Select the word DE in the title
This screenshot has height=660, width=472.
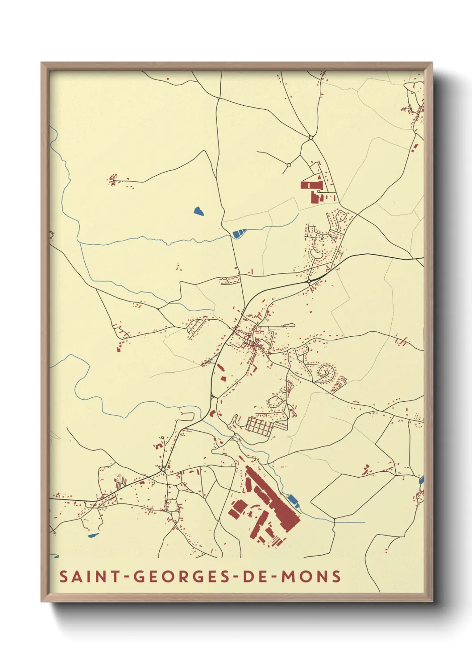(254, 576)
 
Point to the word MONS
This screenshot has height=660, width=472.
(311, 576)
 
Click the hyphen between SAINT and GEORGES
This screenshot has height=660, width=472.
(127, 577)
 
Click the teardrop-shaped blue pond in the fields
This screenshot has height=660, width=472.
(199, 211)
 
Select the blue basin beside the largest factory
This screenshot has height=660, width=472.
(294, 501)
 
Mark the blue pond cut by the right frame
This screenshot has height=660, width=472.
(422, 480)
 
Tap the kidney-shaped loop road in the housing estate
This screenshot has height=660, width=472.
(316, 253)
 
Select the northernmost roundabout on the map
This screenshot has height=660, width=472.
(311, 138)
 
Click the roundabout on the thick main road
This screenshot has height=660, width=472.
(309, 282)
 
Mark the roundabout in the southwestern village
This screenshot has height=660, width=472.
(164, 469)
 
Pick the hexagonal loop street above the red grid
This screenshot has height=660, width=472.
(275, 401)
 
